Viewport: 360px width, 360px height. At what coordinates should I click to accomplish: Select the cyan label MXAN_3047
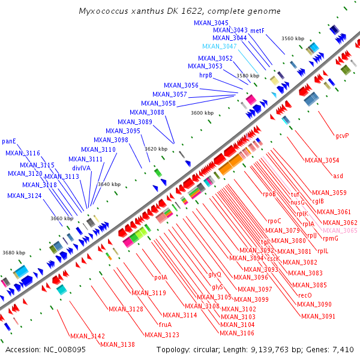(219, 46)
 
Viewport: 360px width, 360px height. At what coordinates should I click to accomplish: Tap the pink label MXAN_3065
(340, 230)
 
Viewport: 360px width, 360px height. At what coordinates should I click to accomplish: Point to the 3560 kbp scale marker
(293, 38)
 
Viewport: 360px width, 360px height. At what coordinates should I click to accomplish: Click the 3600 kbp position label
(202, 112)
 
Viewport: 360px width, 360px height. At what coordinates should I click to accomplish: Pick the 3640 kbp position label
(109, 184)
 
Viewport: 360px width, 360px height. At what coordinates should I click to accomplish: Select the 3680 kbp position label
(14, 253)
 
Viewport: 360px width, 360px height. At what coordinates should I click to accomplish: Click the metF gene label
(257, 30)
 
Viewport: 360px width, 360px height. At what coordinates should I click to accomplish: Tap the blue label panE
(9, 142)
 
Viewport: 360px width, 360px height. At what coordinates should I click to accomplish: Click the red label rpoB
(269, 194)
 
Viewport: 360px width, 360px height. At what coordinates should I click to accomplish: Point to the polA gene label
(160, 277)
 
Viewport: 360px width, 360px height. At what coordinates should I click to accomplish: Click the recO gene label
(305, 295)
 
